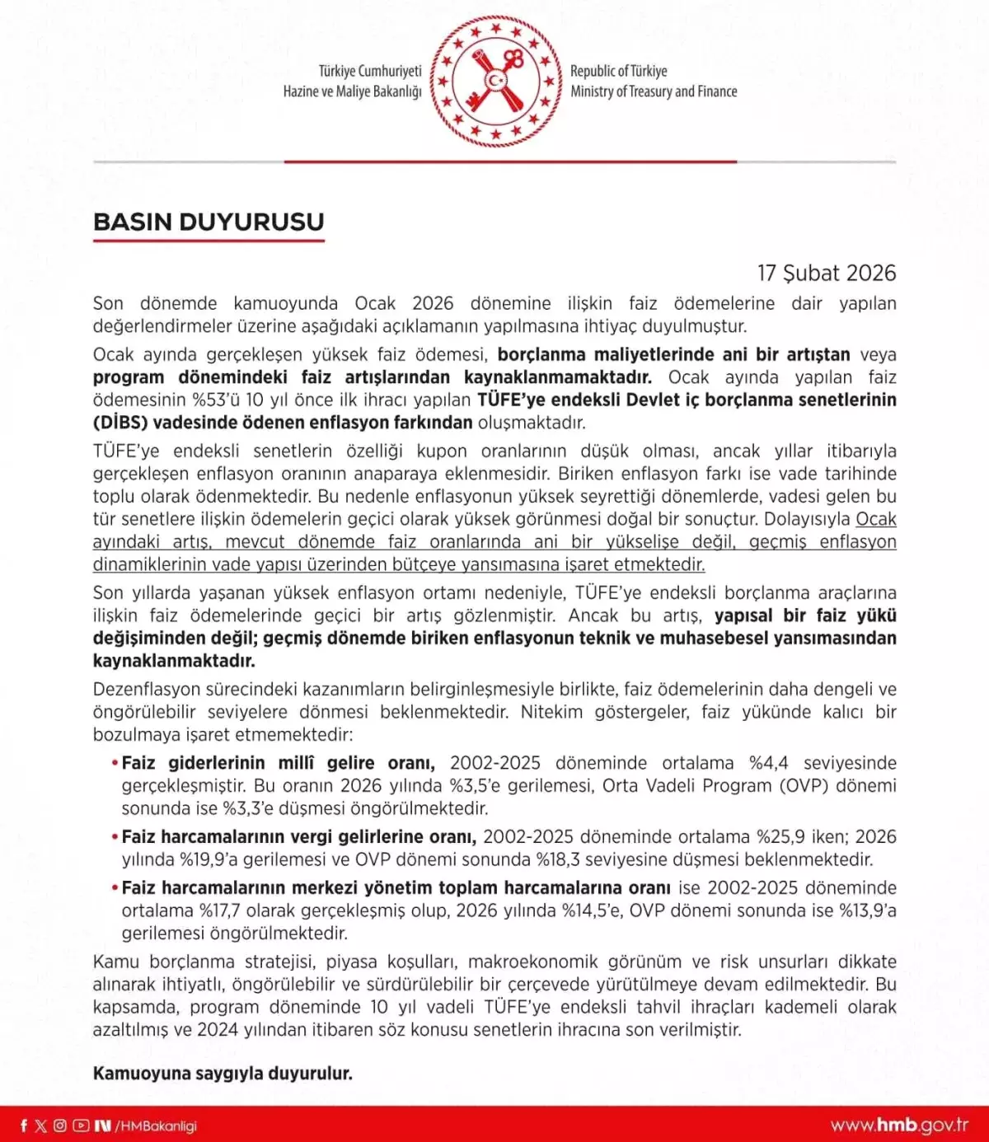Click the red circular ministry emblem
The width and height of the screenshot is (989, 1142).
[495, 81]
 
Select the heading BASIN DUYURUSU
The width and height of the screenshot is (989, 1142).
[209, 222]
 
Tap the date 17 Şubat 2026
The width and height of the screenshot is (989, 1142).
[826, 273]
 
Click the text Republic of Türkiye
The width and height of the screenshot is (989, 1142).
[618, 71]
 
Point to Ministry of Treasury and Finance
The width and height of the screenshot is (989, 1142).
[654, 91]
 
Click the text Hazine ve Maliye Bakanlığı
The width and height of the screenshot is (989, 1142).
[352, 91]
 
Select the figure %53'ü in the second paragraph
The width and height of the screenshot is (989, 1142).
[216, 400]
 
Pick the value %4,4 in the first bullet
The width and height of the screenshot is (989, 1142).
[768, 763]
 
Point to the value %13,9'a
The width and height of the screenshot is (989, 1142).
[867, 910]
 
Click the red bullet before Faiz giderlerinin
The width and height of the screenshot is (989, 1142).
[115, 763]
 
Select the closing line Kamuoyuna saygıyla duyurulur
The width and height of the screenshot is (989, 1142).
[223, 1074]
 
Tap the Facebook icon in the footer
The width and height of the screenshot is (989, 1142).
[23, 1126]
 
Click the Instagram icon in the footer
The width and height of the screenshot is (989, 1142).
[60, 1126]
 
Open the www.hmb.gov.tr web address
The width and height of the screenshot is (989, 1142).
[899, 1126]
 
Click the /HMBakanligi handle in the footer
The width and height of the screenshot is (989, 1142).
[156, 1126]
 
